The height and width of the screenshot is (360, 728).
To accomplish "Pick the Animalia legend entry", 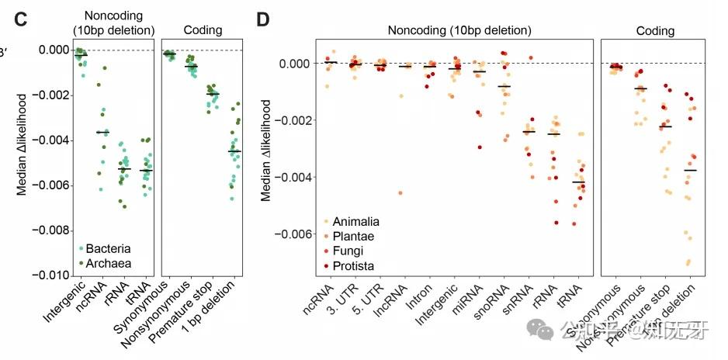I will (x=349, y=221).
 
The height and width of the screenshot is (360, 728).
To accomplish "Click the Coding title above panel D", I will (x=654, y=31).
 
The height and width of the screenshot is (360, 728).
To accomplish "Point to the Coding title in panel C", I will (x=203, y=30).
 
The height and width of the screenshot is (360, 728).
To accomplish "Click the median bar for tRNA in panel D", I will (x=577, y=182).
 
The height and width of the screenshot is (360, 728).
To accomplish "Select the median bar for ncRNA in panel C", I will (x=102, y=133).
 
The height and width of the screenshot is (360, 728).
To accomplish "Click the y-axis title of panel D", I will (x=266, y=151).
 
